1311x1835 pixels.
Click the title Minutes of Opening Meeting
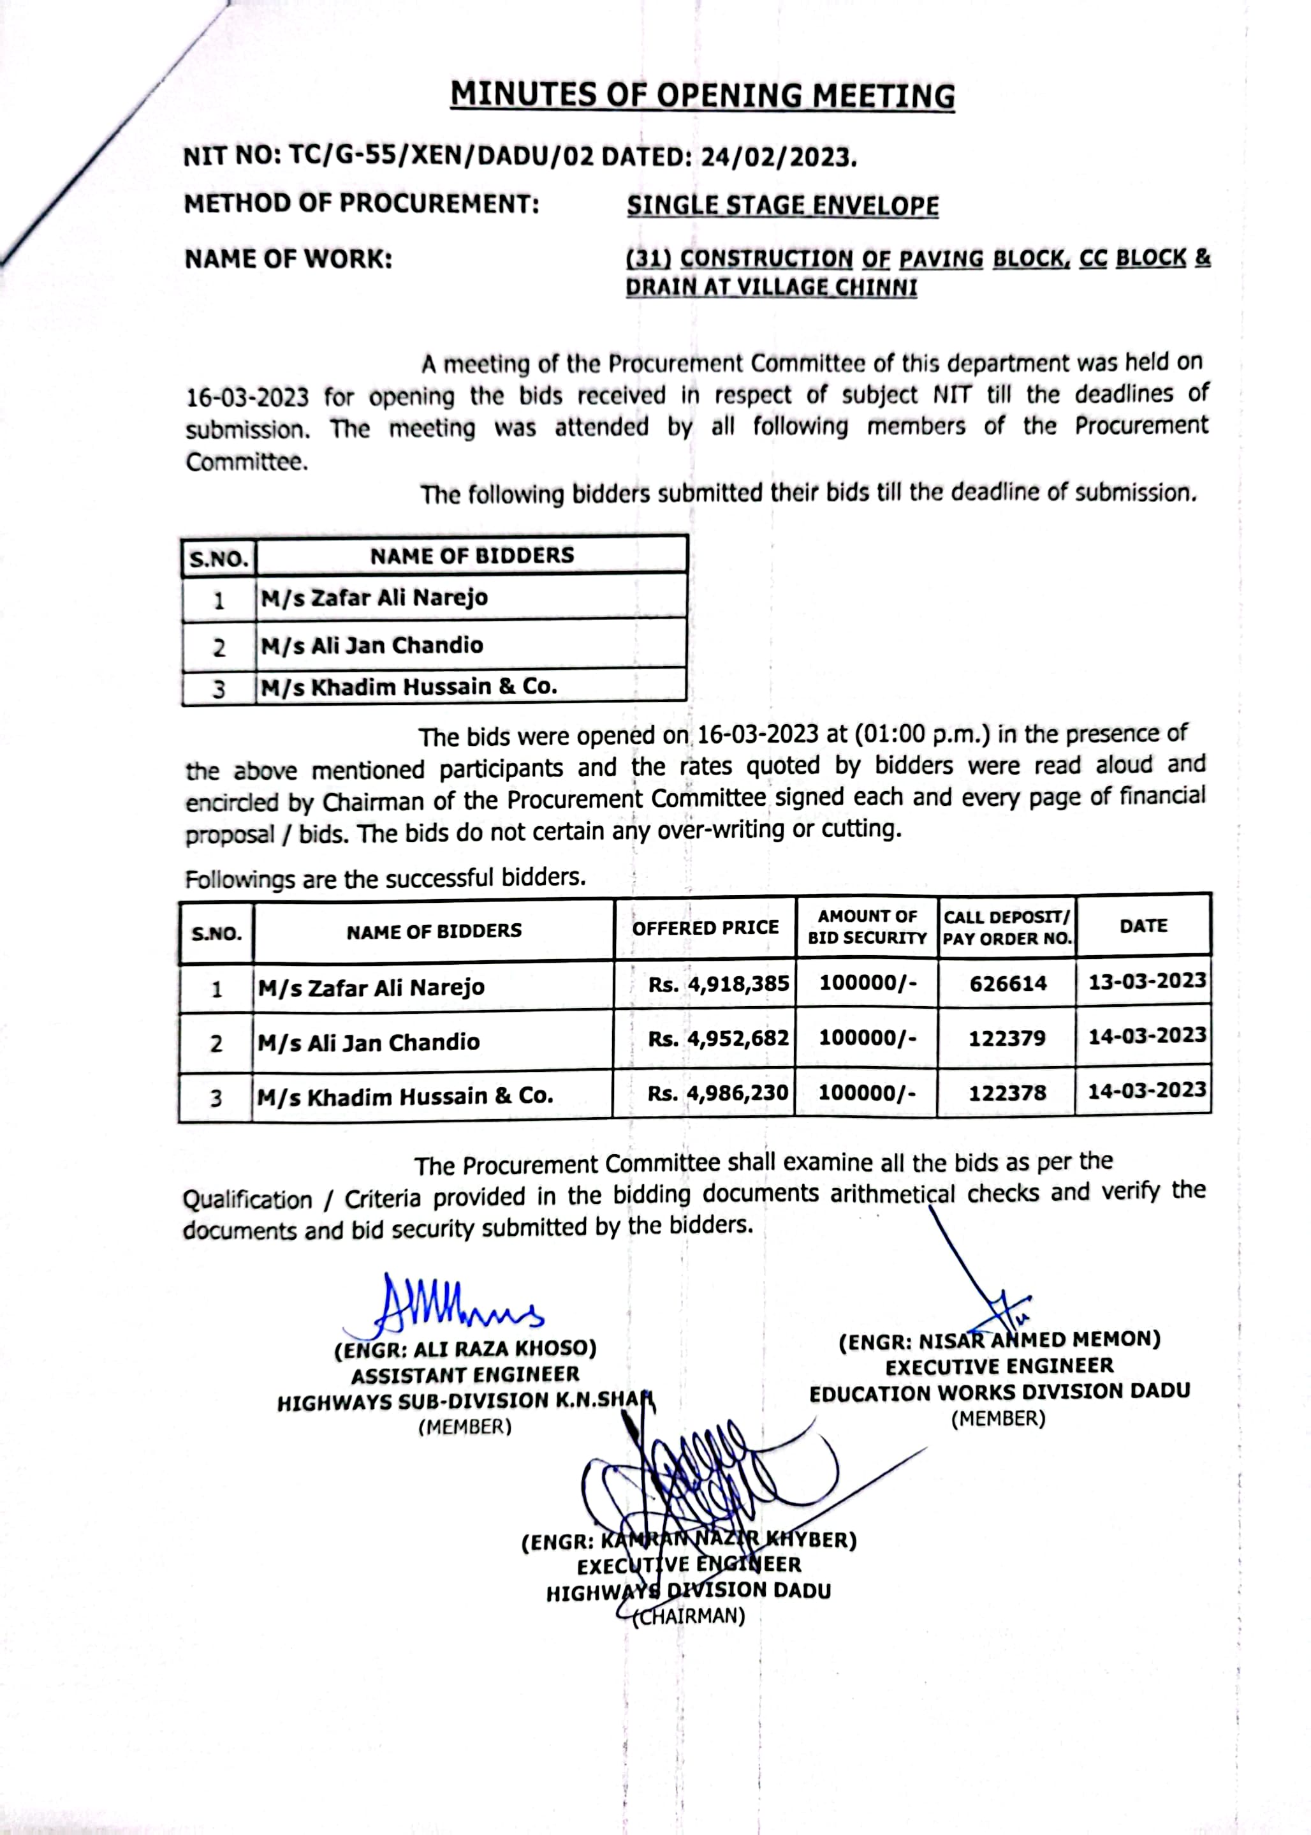(702, 95)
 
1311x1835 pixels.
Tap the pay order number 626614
(1007, 984)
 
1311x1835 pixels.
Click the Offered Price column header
(705, 928)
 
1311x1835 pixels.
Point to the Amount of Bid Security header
(867, 927)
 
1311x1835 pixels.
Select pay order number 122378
(1007, 1093)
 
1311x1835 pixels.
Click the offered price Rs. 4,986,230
(717, 1094)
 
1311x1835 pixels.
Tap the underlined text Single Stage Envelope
(782, 206)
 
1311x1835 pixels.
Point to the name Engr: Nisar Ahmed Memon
(999, 1341)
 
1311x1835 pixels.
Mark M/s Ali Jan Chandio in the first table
(371, 645)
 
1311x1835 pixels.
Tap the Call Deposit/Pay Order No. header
(1007, 928)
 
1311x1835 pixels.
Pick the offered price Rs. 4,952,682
(717, 1039)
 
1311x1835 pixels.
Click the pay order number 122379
(1007, 1039)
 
